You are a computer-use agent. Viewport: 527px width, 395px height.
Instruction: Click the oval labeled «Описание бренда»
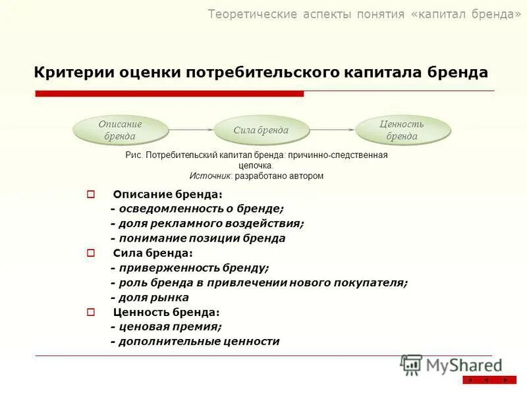(x=120, y=130)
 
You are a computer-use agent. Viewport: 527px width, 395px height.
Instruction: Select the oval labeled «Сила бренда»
(x=261, y=130)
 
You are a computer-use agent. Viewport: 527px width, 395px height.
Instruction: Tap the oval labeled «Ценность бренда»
(x=402, y=130)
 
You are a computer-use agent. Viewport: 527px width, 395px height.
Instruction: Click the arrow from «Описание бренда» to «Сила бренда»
(x=191, y=130)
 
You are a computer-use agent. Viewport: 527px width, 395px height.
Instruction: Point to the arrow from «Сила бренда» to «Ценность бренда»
(x=332, y=130)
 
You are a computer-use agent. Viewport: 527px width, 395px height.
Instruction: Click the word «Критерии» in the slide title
(x=73, y=72)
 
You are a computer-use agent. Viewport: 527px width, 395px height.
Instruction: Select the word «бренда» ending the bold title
(x=457, y=72)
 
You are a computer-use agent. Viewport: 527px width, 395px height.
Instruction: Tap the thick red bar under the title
(x=169, y=94)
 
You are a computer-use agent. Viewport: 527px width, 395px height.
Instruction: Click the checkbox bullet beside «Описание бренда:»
(x=91, y=194)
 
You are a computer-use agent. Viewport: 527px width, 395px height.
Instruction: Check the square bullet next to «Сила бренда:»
(x=91, y=253)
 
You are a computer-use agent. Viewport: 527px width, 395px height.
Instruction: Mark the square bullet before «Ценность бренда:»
(x=91, y=312)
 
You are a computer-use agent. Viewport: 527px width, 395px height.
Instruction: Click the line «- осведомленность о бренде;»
(x=197, y=209)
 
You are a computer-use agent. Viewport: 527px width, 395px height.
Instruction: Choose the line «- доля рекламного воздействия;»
(x=207, y=223)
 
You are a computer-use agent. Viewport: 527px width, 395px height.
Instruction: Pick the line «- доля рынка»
(x=150, y=297)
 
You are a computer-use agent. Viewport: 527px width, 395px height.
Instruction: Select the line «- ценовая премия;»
(x=166, y=327)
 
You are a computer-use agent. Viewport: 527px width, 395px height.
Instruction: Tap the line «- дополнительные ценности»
(x=195, y=341)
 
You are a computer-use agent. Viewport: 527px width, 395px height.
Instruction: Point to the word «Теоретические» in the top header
(x=248, y=14)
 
